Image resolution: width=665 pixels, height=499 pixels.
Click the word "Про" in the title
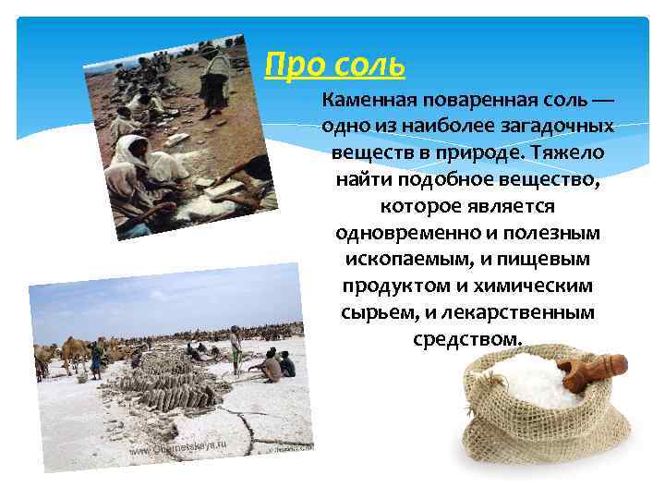[287, 66]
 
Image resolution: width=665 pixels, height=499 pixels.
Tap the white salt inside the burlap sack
[531, 380]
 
